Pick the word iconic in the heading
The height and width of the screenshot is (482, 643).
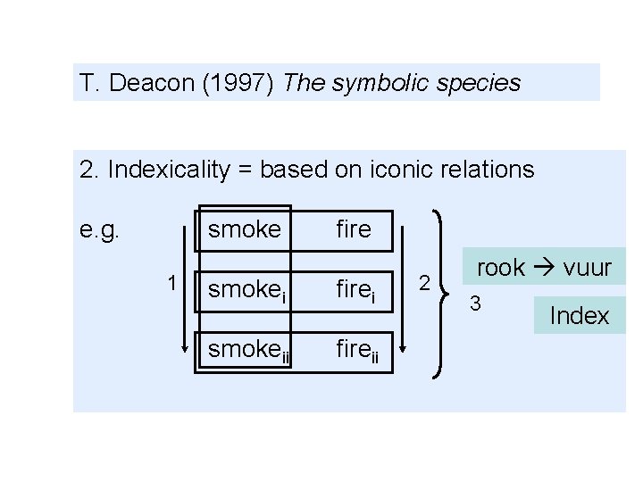point(405,169)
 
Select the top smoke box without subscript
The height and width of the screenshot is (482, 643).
point(244,230)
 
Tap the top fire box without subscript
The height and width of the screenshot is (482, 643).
point(354,230)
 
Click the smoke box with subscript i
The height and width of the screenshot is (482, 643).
point(244,289)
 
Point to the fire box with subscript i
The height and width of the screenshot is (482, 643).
point(355,289)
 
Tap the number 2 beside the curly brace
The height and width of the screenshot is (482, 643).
point(425,284)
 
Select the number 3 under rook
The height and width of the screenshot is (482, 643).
point(476,304)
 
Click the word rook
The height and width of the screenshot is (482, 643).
point(501,268)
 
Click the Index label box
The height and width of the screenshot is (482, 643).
point(580,316)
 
